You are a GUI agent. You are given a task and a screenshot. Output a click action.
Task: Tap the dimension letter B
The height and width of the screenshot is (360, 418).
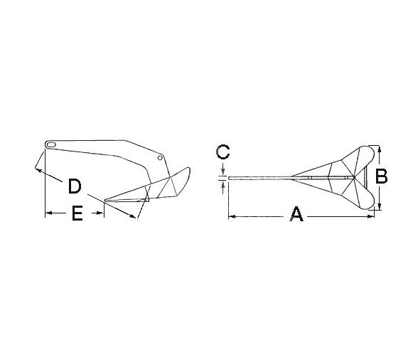[x=382, y=176]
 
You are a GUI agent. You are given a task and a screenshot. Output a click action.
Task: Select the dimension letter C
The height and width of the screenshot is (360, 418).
[x=223, y=152]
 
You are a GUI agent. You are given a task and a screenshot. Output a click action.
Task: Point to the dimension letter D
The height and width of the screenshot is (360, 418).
[x=74, y=186]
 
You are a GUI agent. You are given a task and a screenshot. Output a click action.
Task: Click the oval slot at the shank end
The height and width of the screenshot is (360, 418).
[x=50, y=145]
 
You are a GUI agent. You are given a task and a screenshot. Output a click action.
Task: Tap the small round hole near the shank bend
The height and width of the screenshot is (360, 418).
[x=161, y=157]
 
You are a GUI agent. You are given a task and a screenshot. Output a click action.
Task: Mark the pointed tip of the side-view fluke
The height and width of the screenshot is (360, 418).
[x=104, y=200]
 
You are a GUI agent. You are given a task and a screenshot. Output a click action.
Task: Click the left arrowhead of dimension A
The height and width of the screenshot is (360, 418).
[x=230, y=216]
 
